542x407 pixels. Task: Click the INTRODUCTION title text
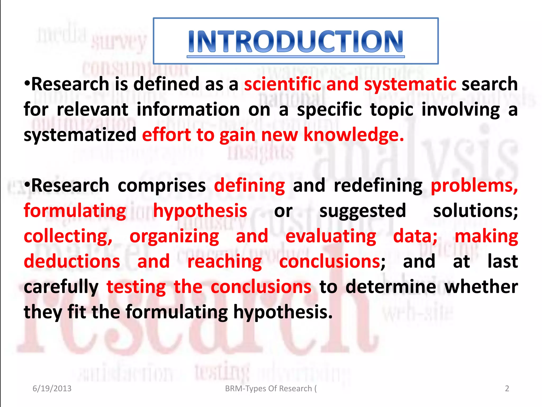pyautogui.click(x=296, y=41)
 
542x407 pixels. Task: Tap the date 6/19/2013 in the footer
pyautogui.click(x=52, y=388)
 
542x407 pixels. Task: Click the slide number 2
pyautogui.click(x=507, y=388)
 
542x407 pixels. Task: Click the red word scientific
pyautogui.click(x=282, y=84)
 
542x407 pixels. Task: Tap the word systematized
pyautogui.click(x=80, y=135)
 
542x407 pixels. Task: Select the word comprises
pyautogui.click(x=162, y=186)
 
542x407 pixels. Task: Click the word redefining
pyautogui.click(x=378, y=186)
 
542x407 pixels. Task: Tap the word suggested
pyautogui.click(x=363, y=211)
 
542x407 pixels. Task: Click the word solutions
pyautogui.click(x=475, y=211)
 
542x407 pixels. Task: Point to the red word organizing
pyautogui.click(x=174, y=236)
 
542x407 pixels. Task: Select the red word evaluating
pyautogui.click(x=331, y=236)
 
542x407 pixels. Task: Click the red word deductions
pyautogui.click(x=72, y=261)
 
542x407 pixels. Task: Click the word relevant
pyautogui.click(x=93, y=109)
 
